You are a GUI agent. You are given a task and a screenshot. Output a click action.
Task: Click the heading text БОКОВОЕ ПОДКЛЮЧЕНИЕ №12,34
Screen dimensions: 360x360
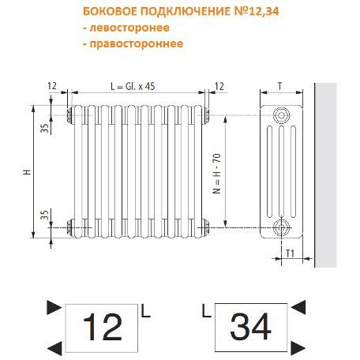point(181,12)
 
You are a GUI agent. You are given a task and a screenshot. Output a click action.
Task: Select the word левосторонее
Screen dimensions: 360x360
point(129,28)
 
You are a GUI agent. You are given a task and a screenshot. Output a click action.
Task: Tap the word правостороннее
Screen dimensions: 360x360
point(137,43)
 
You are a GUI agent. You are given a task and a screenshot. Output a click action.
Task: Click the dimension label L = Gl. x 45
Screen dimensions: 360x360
point(133,86)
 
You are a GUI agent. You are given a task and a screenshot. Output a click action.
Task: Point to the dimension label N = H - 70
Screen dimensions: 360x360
point(217,174)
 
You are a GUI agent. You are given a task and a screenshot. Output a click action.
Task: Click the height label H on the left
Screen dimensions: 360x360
point(27,172)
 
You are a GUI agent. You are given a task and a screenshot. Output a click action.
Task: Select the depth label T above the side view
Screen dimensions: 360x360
point(280,86)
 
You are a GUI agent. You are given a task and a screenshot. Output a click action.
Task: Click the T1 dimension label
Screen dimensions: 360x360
point(290,253)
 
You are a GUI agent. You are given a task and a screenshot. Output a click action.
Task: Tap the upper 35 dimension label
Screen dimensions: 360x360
point(45,128)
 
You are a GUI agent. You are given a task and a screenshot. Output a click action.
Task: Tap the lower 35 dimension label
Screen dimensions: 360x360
point(45,215)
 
